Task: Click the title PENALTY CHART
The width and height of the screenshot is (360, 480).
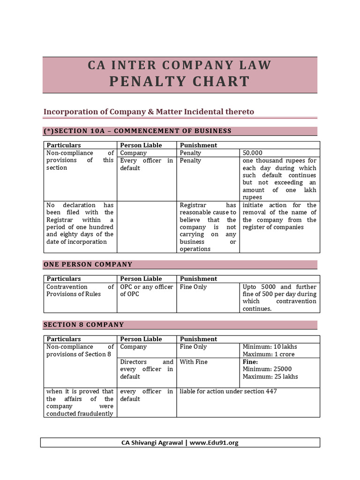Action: pos(180,82)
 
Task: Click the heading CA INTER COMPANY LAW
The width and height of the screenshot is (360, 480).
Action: pos(180,65)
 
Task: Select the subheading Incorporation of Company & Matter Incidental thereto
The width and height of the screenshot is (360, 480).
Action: pos(149,112)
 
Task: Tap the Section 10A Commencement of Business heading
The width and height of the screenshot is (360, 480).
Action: pos(137,131)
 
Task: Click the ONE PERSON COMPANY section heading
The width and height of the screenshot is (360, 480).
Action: pos(88,264)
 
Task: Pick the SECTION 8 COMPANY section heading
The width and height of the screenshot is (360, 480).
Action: pos(84,324)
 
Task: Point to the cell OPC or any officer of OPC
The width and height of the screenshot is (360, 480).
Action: pos(146,291)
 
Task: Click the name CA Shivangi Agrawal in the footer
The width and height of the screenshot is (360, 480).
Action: pos(152,442)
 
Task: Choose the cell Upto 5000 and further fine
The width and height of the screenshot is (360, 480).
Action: pos(279,298)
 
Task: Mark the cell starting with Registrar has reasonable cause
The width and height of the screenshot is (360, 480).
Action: pos(208,227)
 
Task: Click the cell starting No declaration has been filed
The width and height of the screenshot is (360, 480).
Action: pos(80,224)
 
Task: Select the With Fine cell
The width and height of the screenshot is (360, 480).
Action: pos(194,362)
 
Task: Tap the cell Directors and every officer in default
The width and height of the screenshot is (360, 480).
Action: pos(146,369)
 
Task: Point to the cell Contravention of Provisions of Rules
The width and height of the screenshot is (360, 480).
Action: pos(80,291)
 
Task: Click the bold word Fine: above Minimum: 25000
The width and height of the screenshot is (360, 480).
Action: pos(250,362)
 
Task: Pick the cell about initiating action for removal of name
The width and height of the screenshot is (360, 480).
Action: pos(279,216)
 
